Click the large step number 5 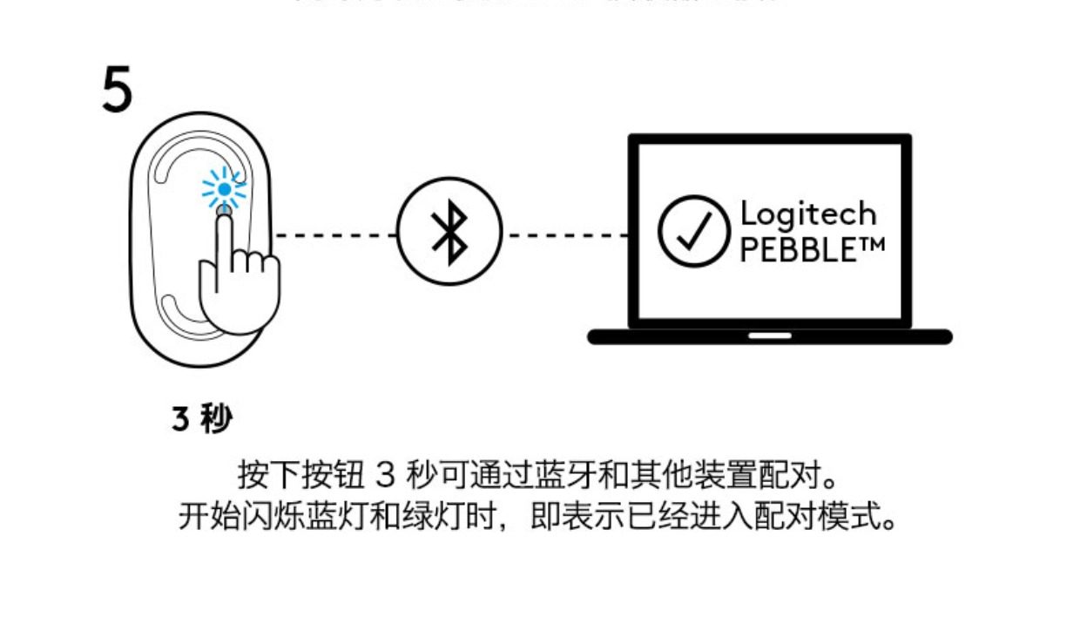(x=118, y=90)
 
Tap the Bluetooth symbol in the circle (x=449, y=234)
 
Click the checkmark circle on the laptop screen (x=693, y=230)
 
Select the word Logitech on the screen (x=807, y=214)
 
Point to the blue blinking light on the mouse (x=224, y=188)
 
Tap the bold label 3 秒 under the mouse (x=202, y=420)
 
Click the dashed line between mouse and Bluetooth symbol (x=336, y=235)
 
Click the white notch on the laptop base (x=770, y=336)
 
